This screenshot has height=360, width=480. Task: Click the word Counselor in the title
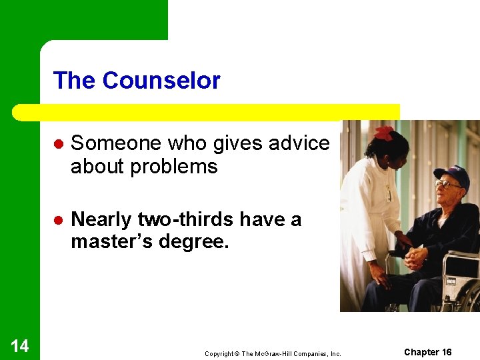tap(161, 81)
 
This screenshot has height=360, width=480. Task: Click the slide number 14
tap(20, 345)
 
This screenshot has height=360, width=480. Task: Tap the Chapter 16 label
tap(428, 352)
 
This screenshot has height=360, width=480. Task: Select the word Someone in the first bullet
tap(116, 143)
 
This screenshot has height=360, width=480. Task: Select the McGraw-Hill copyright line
tap(273, 353)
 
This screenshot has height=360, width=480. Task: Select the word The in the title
tap(75, 81)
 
